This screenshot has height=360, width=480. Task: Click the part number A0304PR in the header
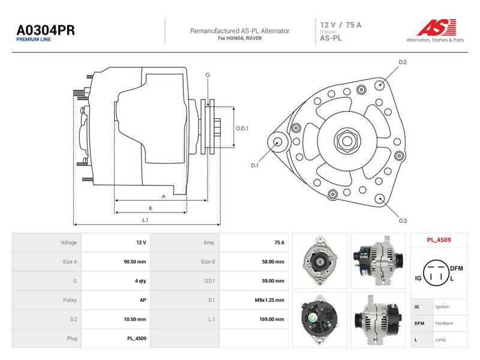click(x=46, y=31)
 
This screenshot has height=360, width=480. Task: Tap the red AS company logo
click(x=437, y=27)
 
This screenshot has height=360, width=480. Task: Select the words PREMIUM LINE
click(x=34, y=40)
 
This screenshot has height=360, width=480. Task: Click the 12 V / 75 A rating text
click(x=340, y=25)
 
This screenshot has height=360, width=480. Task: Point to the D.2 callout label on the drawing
click(x=403, y=62)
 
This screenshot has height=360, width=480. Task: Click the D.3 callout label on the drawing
click(x=403, y=221)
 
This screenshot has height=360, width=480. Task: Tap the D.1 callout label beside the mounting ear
click(x=254, y=166)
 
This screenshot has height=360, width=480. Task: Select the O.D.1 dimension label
click(x=242, y=128)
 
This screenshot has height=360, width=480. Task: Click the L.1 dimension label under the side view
click(x=145, y=220)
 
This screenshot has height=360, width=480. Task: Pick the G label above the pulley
click(x=208, y=74)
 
